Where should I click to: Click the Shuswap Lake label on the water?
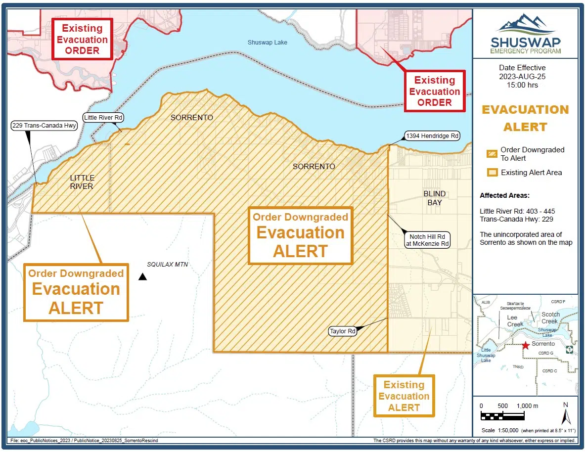point(267,43)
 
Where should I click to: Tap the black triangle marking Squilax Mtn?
point(142,277)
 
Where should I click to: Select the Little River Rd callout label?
point(103,118)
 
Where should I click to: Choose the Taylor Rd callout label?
point(343,331)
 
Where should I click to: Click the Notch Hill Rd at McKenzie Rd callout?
point(427,240)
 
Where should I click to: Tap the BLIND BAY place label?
point(434,198)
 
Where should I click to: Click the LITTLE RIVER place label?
point(82,182)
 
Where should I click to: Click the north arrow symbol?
point(566,414)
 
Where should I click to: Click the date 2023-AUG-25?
point(526,76)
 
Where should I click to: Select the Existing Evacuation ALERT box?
point(404,396)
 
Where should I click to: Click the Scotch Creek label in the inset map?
point(550,317)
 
